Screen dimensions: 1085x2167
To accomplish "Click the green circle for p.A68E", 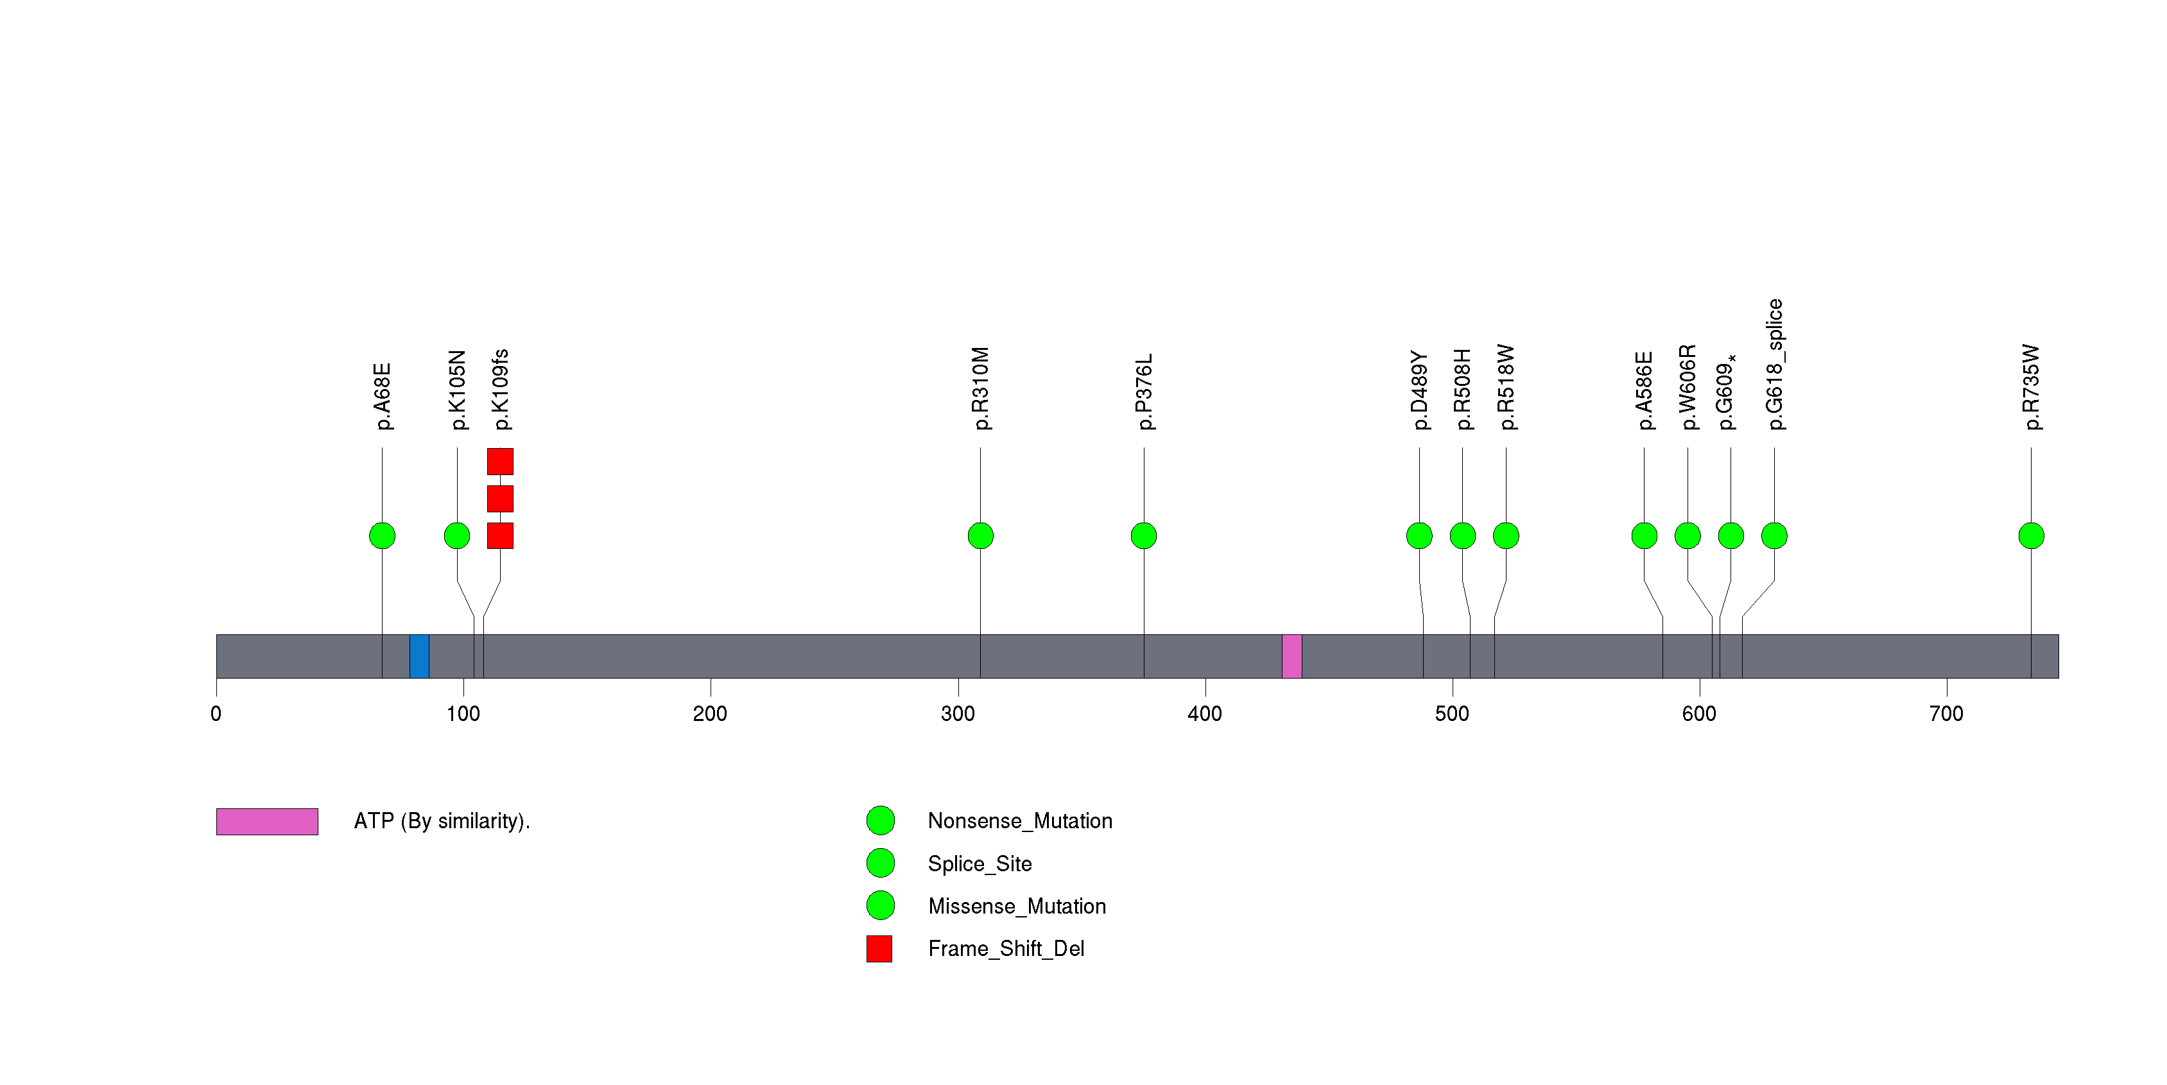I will [x=382, y=536].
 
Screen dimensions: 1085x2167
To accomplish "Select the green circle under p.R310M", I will [x=980, y=536].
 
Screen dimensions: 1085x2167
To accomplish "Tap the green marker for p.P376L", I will [x=1143, y=536].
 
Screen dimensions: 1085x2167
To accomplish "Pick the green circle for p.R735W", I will [x=2031, y=536].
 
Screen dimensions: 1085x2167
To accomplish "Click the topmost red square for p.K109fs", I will [x=499, y=462].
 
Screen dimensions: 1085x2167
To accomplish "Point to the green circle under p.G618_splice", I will [x=1774, y=536].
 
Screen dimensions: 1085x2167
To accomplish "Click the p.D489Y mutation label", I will [x=1420, y=390].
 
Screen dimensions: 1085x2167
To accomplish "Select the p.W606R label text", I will [x=1688, y=387].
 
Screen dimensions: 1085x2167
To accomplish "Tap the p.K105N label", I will [x=457, y=390].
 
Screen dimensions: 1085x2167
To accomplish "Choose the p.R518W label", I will [x=1506, y=387].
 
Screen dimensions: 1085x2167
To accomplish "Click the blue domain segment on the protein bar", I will [x=419, y=656].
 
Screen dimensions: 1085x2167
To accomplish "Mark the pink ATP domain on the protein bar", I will [x=1291, y=656].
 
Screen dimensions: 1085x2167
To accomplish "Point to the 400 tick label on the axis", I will [x=1205, y=714].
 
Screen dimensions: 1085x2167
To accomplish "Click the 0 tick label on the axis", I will [x=216, y=714].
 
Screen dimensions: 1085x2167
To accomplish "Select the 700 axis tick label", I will [x=1946, y=714].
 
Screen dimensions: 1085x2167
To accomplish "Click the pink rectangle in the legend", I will [x=266, y=822].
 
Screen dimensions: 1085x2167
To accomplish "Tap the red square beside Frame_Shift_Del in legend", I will [x=879, y=949].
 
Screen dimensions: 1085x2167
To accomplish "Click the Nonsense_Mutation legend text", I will [x=1019, y=821].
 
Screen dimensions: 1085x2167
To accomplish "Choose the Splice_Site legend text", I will [x=979, y=864].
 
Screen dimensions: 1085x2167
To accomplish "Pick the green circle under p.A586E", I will [x=1644, y=536].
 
